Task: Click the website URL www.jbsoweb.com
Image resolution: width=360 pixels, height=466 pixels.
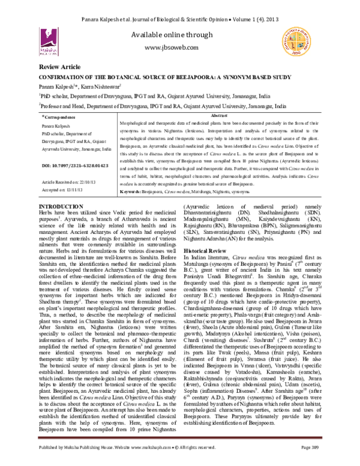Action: [180, 47]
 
